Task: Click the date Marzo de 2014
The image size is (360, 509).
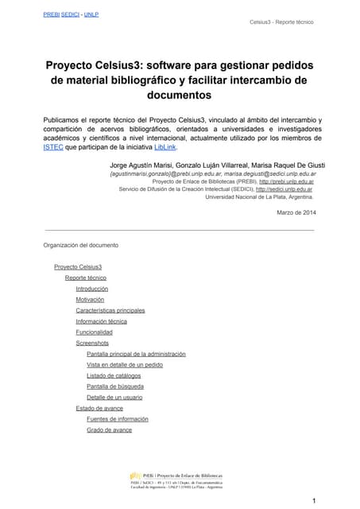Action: click(x=296, y=212)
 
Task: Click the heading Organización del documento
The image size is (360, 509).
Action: click(x=80, y=245)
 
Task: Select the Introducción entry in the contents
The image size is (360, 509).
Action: click(x=91, y=289)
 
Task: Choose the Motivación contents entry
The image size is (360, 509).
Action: click(x=90, y=300)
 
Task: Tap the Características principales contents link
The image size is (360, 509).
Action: click(x=110, y=310)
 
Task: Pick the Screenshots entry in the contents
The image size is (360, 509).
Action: click(x=92, y=343)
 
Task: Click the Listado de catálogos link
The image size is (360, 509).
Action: click(x=114, y=375)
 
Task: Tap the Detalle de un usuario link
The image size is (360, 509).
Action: click(x=114, y=397)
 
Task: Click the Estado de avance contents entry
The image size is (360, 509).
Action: click(x=99, y=408)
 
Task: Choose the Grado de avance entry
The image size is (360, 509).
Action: click(x=109, y=429)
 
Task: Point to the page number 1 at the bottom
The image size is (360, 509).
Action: click(x=315, y=499)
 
